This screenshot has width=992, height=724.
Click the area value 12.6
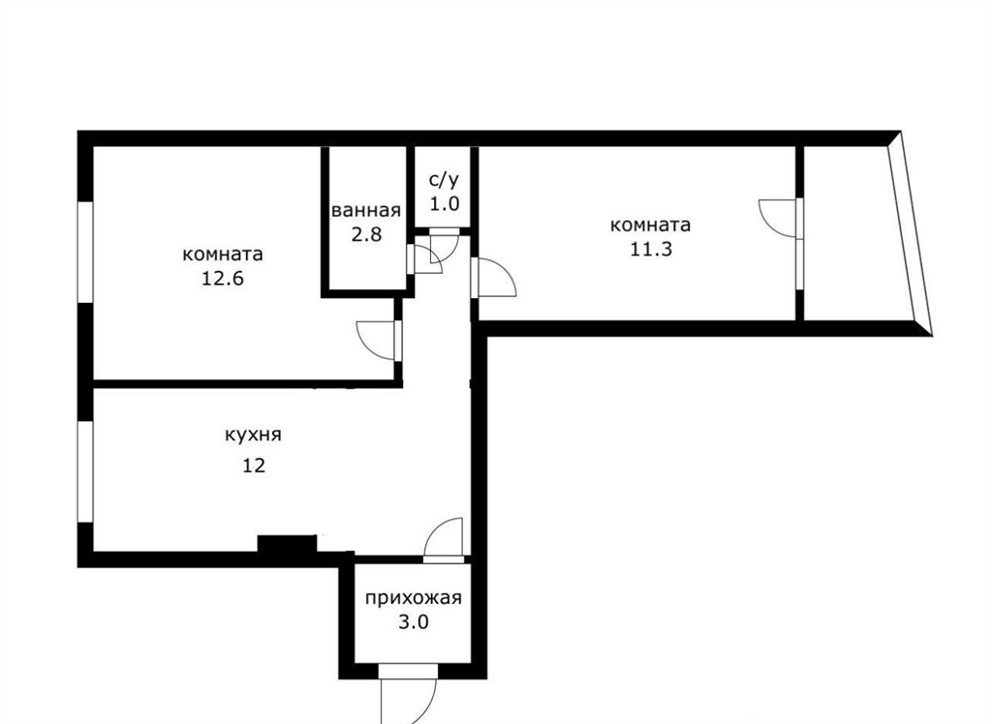pos(222,279)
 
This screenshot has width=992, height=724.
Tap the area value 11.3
pos(650,249)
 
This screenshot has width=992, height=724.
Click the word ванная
pos(366,211)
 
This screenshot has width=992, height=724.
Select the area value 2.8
pos(366,234)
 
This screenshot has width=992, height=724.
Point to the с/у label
pos(444,180)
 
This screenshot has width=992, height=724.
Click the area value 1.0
pos(444,204)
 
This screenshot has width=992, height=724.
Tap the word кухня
pos(253,436)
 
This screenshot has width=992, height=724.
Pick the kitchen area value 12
pos(254,466)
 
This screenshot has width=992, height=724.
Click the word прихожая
pos(413,598)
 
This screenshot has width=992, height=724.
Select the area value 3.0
pos(413,622)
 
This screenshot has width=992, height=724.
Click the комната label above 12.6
pos(223,255)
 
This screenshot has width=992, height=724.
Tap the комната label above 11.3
pos(650,226)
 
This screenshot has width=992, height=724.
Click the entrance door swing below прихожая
pos(409,693)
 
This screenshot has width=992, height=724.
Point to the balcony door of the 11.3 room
pos(781,219)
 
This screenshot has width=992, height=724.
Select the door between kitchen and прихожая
pos(444,540)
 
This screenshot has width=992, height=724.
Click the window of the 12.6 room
pos(85,253)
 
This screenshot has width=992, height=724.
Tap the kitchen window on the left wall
pos(85,471)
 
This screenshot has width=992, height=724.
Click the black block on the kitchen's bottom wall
pos(287,544)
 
